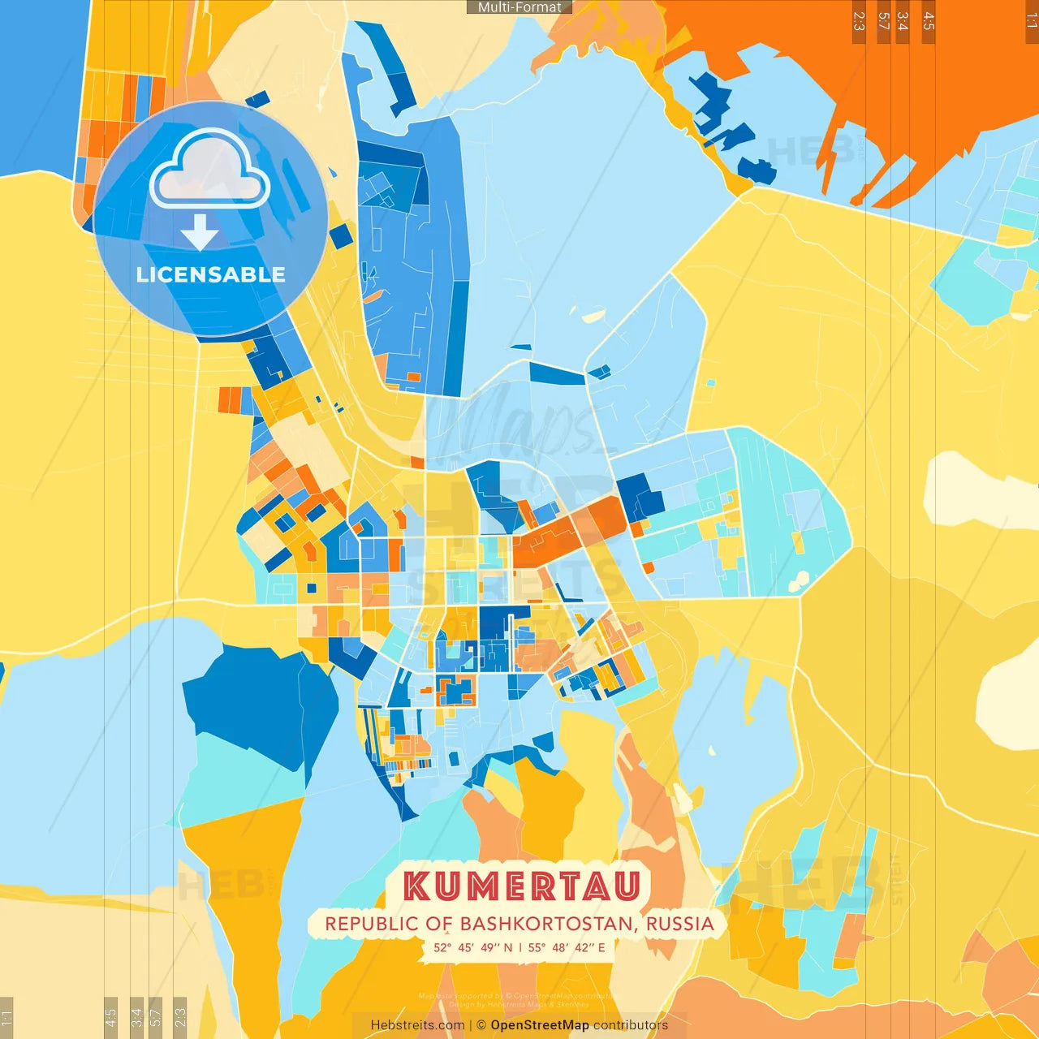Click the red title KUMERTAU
click(x=522, y=886)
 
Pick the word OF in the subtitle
click(x=439, y=924)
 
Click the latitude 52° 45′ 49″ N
click(x=473, y=947)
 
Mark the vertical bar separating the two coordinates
click(x=520, y=947)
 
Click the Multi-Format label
click(x=519, y=7)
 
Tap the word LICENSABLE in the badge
click(x=211, y=275)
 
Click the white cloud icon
click(x=209, y=171)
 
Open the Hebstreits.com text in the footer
click(x=417, y=1025)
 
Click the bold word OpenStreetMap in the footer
click(x=540, y=1025)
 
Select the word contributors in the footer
click(x=631, y=1025)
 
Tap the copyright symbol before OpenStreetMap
click(x=481, y=1025)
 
